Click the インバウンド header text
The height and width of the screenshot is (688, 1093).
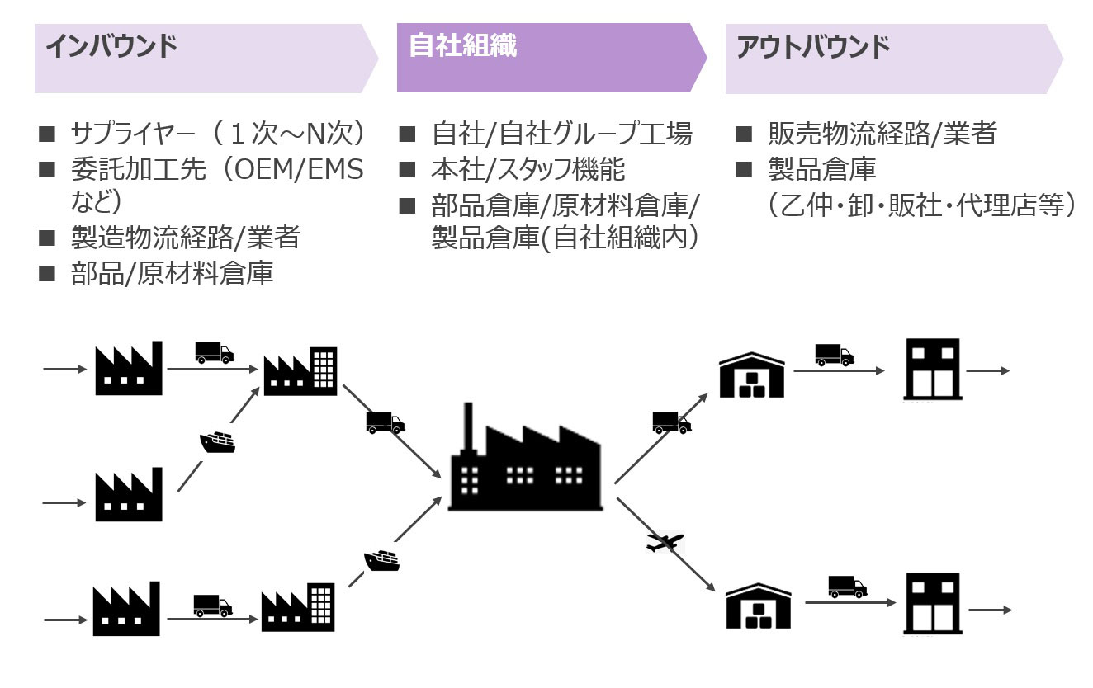pyautogui.click(x=111, y=47)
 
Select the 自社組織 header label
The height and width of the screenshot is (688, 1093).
pyautogui.click(x=463, y=45)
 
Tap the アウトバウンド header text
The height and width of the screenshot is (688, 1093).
pyautogui.click(x=813, y=47)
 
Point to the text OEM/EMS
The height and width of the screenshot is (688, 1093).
pyautogui.click(x=300, y=170)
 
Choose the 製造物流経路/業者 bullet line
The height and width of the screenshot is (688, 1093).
pyautogui.click(x=185, y=238)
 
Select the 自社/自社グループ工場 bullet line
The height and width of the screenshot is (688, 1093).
pyautogui.click(x=561, y=134)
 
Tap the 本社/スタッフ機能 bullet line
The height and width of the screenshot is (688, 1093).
pyautogui.click(x=528, y=169)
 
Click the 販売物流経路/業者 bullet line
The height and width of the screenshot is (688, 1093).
pyautogui.click(x=882, y=134)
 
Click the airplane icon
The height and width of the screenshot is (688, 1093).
pyautogui.click(x=665, y=543)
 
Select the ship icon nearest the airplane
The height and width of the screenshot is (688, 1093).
pyautogui.click(x=381, y=561)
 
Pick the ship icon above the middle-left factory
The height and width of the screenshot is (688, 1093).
pyautogui.click(x=218, y=443)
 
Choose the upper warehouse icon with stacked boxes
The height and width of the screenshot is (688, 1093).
pyautogui.click(x=752, y=375)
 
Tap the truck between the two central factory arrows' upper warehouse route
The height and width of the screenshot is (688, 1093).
pyautogui.click(x=671, y=422)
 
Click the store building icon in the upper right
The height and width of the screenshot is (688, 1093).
pyautogui.click(x=931, y=369)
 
